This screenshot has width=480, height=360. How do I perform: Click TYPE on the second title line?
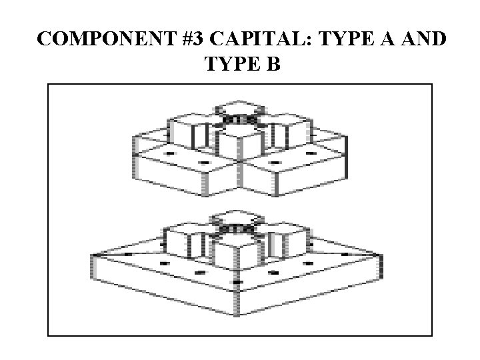point(227,65)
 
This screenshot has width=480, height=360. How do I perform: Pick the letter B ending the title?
point(275,65)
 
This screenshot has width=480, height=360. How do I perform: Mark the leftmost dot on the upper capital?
point(169,154)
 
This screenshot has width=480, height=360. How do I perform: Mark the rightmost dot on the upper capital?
point(310,153)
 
